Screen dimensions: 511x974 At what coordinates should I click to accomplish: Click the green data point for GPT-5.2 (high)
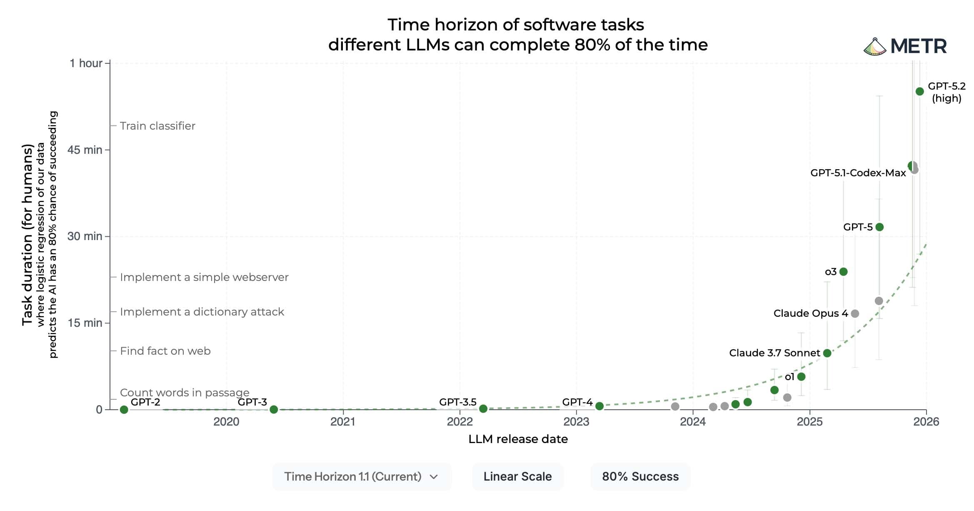point(920,92)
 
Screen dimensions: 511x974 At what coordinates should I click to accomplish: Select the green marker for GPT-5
point(879,227)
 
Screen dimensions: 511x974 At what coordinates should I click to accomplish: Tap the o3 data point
point(844,272)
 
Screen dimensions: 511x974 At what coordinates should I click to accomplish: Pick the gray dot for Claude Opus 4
point(855,313)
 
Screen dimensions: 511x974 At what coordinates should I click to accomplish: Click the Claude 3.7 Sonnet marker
point(827,353)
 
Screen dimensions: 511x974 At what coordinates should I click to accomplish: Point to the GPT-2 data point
point(124,410)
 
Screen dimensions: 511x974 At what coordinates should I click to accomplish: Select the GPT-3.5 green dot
point(483,408)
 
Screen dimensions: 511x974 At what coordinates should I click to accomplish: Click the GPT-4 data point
point(599,406)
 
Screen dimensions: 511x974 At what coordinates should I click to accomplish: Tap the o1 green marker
point(801,377)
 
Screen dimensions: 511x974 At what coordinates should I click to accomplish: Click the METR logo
point(905,46)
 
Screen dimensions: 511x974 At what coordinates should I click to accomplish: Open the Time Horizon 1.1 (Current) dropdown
point(362,476)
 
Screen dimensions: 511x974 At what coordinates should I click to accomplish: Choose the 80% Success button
point(640,476)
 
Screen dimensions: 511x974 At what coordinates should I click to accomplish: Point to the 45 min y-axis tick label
point(85,150)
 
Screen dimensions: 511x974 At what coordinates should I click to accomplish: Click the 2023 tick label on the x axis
point(576,422)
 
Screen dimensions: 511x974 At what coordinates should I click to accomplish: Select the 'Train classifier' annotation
point(157,126)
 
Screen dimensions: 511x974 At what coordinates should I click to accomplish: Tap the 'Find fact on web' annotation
point(165,351)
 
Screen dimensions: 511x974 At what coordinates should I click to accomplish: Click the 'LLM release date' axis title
point(518,439)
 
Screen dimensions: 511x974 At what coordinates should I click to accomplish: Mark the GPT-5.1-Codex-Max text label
point(858,173)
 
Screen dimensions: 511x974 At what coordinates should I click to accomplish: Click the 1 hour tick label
point(86,63)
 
